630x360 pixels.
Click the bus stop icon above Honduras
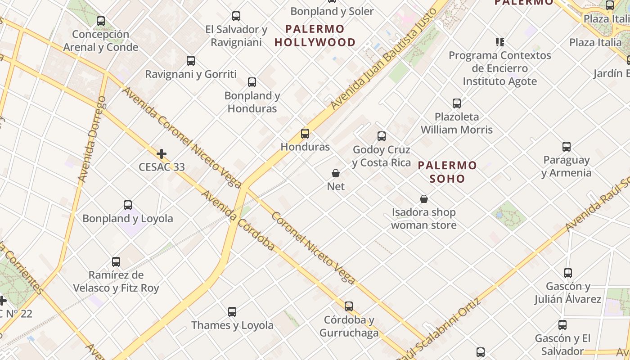pyautogui.click(x=305, y=133)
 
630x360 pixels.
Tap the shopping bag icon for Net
pyautogui.click(x=336, y=173)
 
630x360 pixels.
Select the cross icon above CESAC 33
pyautogui.click(x=162, y=154)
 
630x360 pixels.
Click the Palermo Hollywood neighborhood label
pyautogui.click(x=315, y=36)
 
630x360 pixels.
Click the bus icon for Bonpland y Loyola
pyautogui.click(x=128, y=205)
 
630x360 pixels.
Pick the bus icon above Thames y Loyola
pyautogui.click(x=232, y=311)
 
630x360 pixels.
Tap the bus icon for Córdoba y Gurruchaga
pyautogui.click(x=349, y=306)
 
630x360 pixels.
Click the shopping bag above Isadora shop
pyautogui.click(x=423, y=199)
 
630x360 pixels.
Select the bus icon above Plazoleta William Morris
pyautogui.click(x=457, y=103)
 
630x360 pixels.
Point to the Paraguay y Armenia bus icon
pyautogui.click(x=567, y=147)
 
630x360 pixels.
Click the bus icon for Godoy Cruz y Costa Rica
pyautogui.click(x=382, y=136)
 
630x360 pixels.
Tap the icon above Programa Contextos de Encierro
pyautogui.click(x=499, y=42)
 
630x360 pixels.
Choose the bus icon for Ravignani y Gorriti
pyautogui.click(x=191, y=61)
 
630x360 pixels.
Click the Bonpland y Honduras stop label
pyautogui.click(x=252, y=102)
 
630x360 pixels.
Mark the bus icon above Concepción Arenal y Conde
pyautogui.click(x=101, y=21)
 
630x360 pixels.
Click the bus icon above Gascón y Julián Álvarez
pyautogui.click(x=568, y=273)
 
